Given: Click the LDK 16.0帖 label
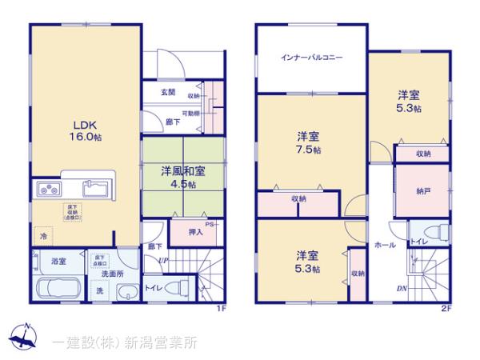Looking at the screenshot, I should coord(85,131).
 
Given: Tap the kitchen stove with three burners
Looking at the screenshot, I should coord(47,190).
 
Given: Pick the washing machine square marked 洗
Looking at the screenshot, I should coord(100,290).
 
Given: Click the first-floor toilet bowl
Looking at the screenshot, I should coord(178,288).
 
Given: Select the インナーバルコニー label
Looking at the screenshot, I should coord(312,58).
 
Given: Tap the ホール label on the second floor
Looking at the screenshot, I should coord(385,246).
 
